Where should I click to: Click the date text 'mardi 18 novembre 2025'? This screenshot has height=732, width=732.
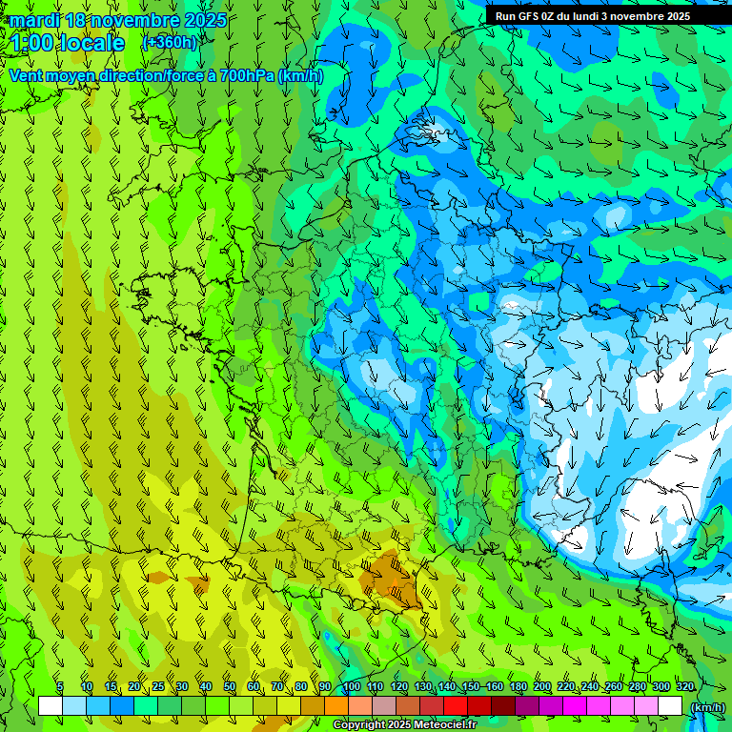[118, 20]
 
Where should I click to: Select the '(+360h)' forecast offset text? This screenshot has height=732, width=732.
[170, 42]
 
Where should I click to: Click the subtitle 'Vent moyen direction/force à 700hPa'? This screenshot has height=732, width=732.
[143, 75]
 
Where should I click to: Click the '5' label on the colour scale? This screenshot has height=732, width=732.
[60, 686]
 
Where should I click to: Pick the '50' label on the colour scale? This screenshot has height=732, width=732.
[229, 686]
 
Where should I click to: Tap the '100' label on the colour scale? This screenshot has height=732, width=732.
[351, 686]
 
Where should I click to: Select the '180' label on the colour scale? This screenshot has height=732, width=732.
[518, 686]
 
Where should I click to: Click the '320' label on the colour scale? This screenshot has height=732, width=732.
[684, 686]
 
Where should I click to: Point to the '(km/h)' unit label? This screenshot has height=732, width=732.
[707, 707]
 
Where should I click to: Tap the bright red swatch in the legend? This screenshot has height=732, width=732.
[456, 706]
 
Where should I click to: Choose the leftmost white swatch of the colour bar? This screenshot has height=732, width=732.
[51, 706]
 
